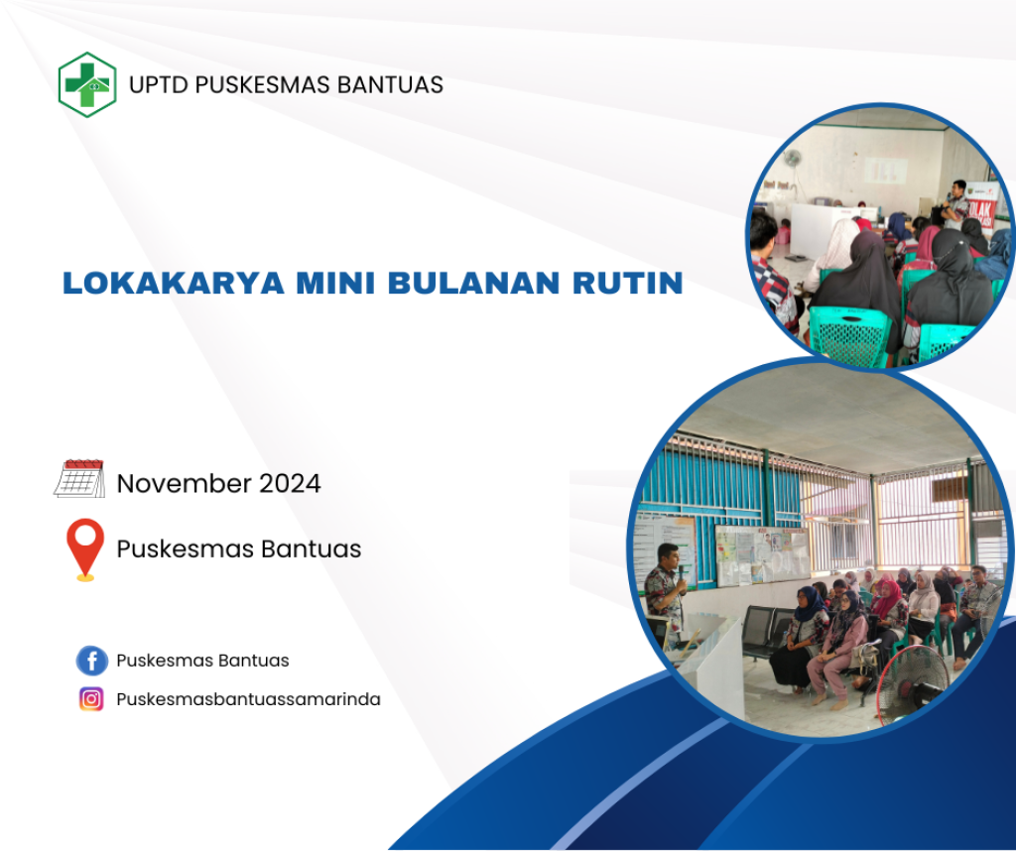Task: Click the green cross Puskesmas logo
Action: (87, 85)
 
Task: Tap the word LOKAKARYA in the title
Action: (174, 283)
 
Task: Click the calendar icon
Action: (79, 479)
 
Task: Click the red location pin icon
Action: (85, 549)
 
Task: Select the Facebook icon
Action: (92, 661)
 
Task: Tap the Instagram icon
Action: (91, 699)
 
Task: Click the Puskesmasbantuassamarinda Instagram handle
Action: (248, 699)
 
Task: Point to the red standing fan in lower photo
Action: (913, 685)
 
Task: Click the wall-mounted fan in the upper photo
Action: (793, 159)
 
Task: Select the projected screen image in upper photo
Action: (885, 171)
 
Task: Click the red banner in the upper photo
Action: (983, 207)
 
